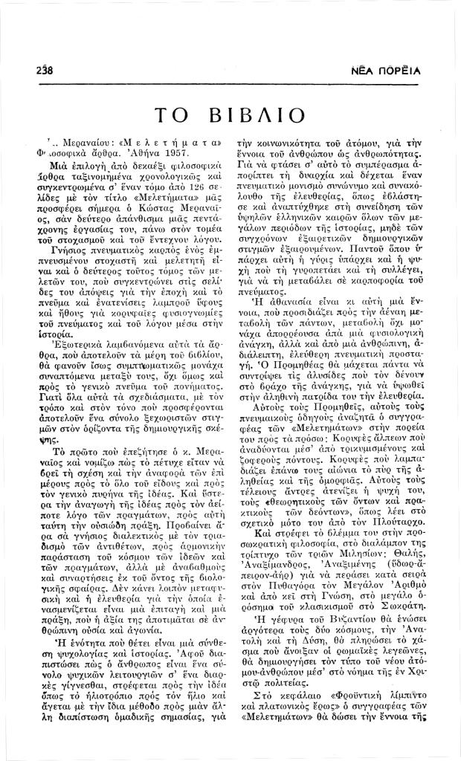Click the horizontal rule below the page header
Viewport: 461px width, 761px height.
pyautogui.click(x=230, y=86)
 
